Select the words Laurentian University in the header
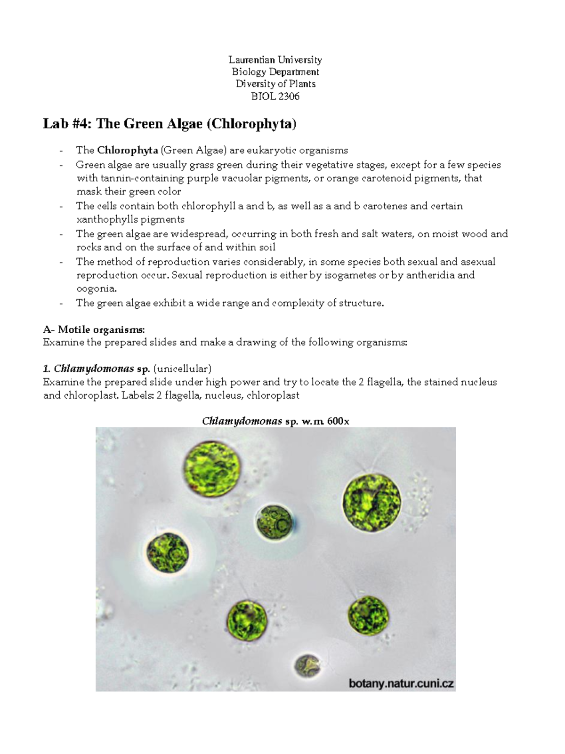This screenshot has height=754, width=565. point(275,60)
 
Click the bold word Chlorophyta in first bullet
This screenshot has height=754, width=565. point(128,151)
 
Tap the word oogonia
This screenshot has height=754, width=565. point(96,289)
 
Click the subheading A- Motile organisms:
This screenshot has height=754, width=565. point(94,329)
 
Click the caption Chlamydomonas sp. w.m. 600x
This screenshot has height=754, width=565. point(275,421)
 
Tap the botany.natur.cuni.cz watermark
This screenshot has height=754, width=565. point(401,683)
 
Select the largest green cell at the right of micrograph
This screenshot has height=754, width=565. point(372,500)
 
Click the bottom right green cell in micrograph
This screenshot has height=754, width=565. point(369,615)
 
